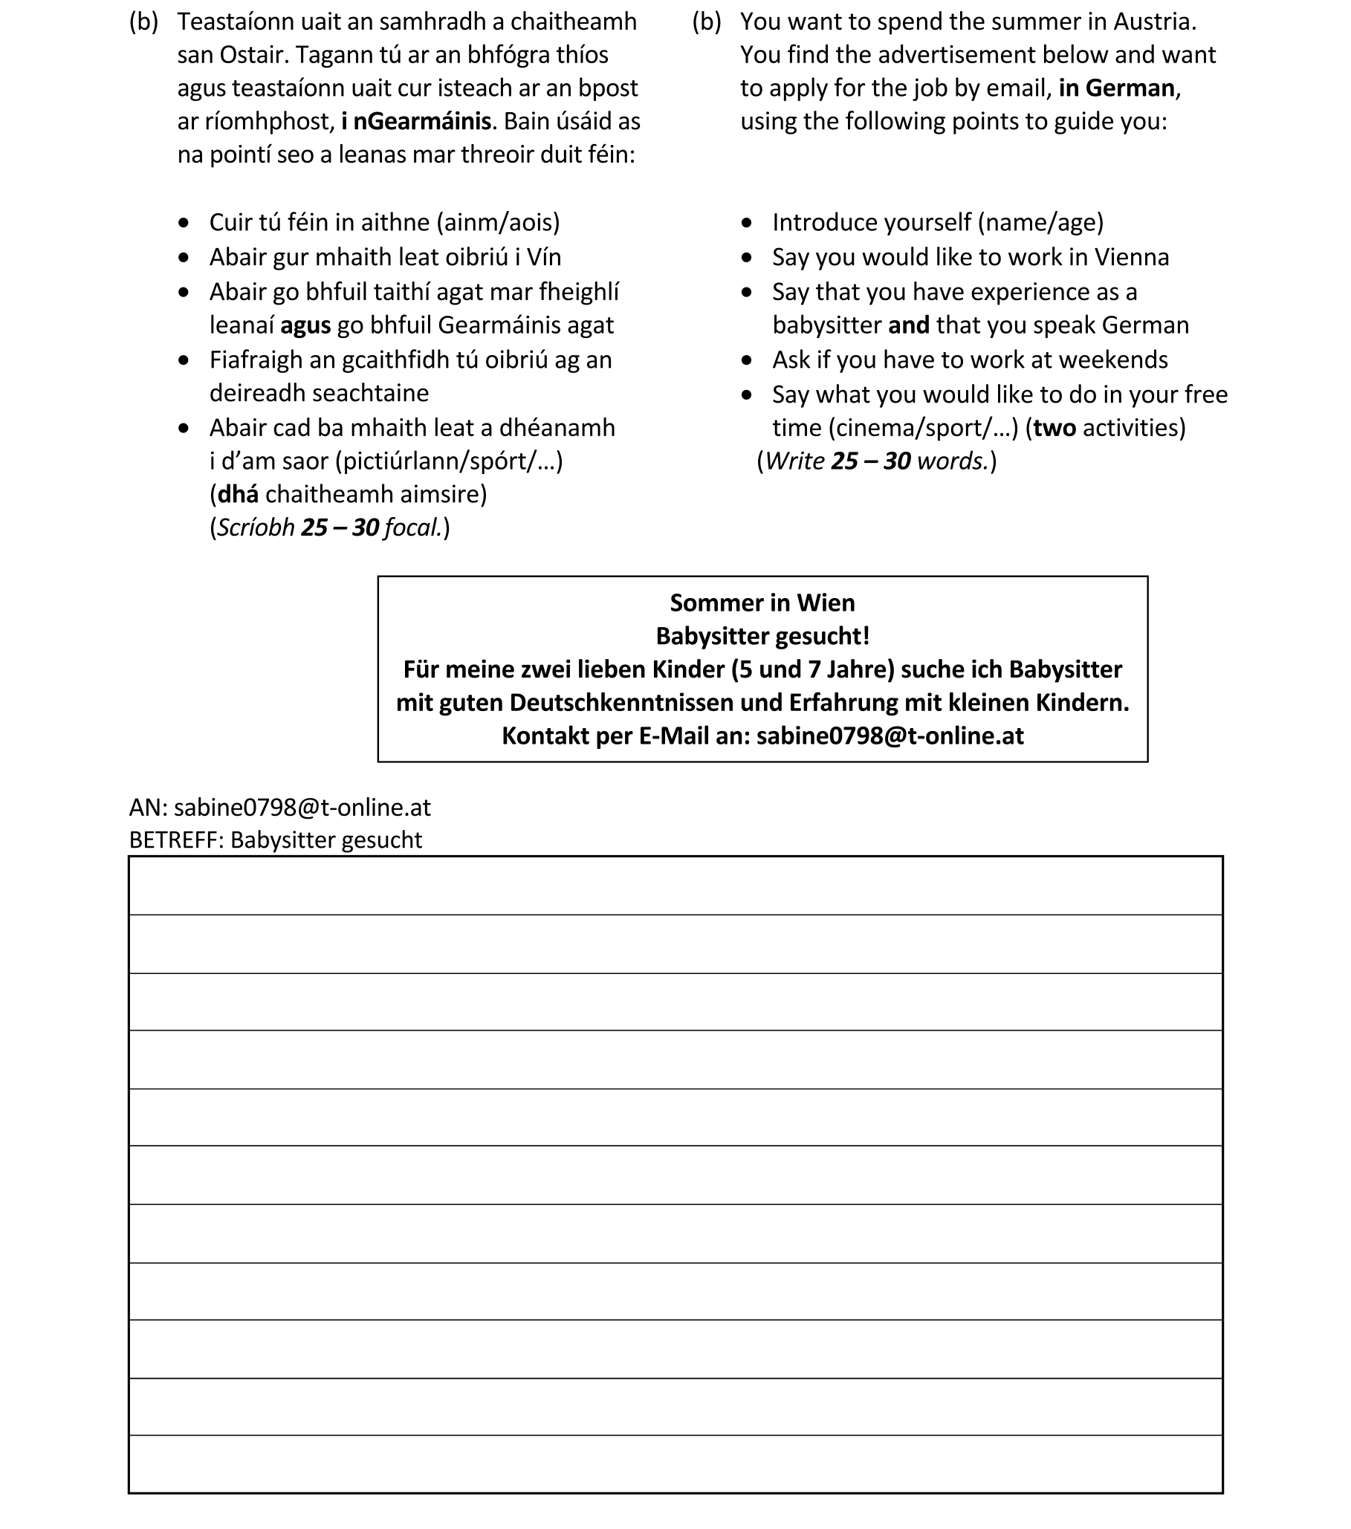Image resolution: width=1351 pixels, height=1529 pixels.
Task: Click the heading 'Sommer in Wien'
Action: pos(762,603)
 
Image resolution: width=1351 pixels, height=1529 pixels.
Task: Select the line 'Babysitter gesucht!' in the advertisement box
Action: pos(762,636)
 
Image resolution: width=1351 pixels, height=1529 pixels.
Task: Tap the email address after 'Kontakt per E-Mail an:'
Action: pos(890,736)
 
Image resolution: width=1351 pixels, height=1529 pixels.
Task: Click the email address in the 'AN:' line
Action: pos(302,807)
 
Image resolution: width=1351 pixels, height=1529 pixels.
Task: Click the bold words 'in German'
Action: pos(1116,88)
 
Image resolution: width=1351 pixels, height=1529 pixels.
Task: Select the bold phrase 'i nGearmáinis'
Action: pos(416,121)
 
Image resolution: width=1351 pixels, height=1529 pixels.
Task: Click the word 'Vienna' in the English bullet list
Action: pos(1131,257)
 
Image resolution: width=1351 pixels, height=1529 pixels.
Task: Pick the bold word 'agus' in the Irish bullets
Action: pos(305,325)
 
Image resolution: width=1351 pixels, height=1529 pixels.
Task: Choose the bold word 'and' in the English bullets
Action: pos(908,325)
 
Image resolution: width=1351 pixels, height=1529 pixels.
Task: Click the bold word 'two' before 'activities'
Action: pos(1054,428)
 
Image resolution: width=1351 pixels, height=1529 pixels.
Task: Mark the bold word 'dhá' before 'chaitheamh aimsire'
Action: pos(238,495)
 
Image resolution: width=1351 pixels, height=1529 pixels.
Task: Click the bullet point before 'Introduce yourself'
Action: pos(747,223)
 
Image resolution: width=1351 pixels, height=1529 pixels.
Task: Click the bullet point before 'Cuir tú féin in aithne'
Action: pos(184,223)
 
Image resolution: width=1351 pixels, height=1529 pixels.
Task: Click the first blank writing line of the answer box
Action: pos(675,887)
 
